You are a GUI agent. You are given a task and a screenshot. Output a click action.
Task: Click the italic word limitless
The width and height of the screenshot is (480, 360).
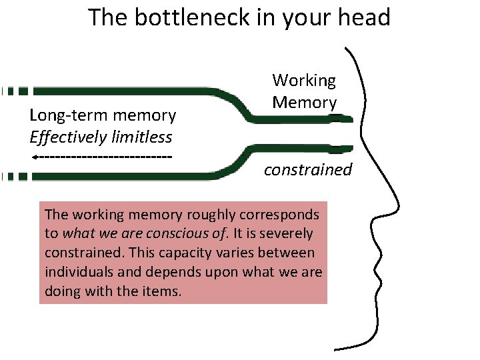[x=143, y=137]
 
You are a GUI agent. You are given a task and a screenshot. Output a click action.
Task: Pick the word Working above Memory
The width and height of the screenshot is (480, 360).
[x=304, y=81]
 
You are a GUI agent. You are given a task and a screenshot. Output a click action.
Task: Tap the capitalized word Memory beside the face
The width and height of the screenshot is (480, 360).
[x=304, y=103]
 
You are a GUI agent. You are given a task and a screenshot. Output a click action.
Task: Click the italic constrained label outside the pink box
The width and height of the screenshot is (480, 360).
[x=307, y=169]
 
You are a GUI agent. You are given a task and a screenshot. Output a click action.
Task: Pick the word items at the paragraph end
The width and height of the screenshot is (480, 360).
[x=162, y=291]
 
